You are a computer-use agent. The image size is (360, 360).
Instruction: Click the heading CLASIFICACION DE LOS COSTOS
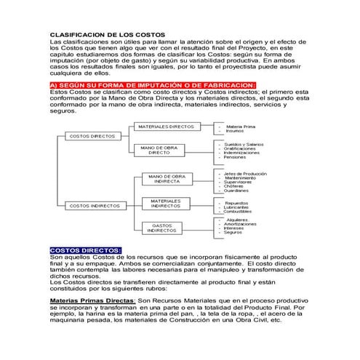coord(107,35)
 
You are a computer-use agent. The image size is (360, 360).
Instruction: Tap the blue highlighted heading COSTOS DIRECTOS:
coord(85,250)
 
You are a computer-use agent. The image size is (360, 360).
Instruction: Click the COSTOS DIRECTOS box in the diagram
coord(92,136)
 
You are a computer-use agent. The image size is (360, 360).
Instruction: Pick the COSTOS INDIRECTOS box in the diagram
coord(94,206)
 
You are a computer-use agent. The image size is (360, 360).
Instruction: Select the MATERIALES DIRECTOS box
coord(166,127)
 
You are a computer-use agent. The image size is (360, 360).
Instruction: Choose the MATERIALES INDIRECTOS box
coord(165,203)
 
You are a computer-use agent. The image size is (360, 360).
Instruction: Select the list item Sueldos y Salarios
coord(244,144)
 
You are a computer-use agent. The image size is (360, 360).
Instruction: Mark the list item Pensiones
coord(235,158)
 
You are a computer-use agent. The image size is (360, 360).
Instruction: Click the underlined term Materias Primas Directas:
coord(92,300)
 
